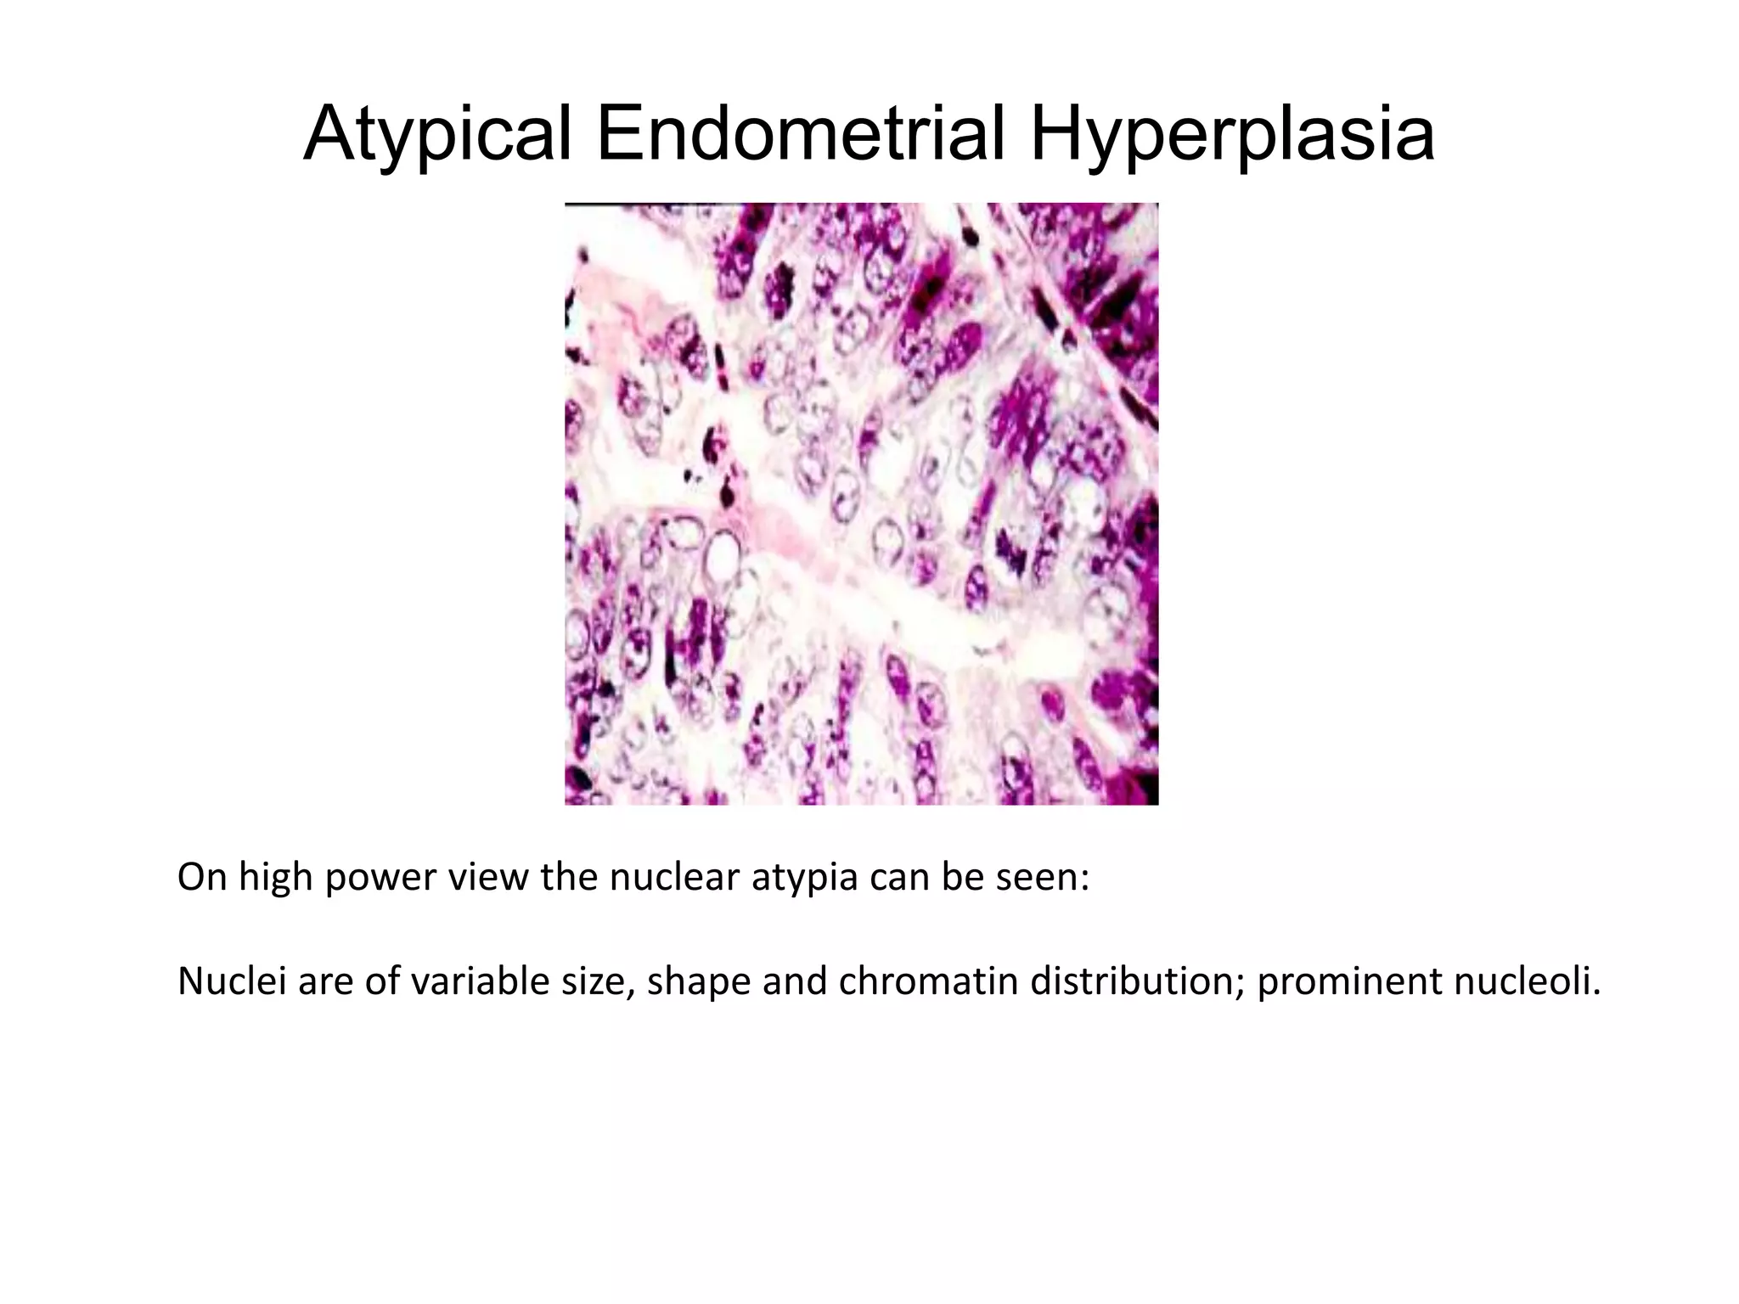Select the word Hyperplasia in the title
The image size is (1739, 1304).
[x=1232, y=136]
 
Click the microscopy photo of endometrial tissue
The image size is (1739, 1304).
[x=861, y=505]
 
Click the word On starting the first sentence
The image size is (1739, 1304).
[x=202, y=878]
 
